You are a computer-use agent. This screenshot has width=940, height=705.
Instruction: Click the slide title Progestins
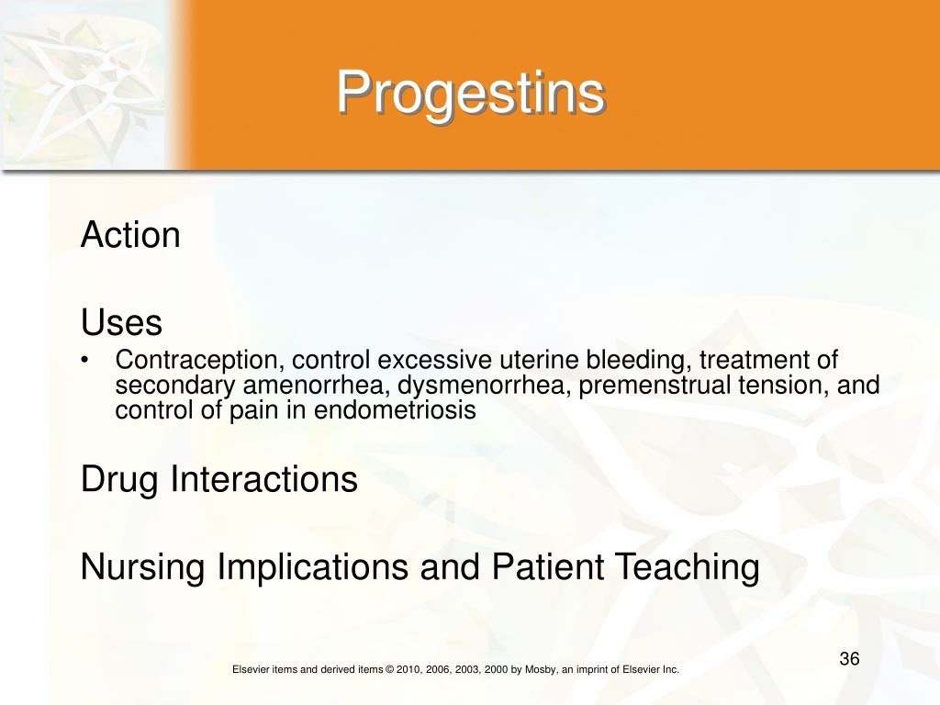point(471,94)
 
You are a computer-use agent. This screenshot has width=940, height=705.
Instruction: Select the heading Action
point(130,234)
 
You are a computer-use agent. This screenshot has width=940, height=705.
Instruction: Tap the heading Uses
point(122,322)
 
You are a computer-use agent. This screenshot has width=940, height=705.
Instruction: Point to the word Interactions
point(264,479)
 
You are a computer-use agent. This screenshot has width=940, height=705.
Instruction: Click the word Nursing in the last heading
point(142,568)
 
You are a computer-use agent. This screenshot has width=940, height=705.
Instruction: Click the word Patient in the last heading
point(548,566)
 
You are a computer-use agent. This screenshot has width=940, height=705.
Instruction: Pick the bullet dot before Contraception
point(85,360)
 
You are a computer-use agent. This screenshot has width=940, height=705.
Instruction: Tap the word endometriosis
point(395,410)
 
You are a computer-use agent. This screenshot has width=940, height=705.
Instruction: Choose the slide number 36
point(849,659)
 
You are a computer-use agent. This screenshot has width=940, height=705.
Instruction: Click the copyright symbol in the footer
point(389,669)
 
